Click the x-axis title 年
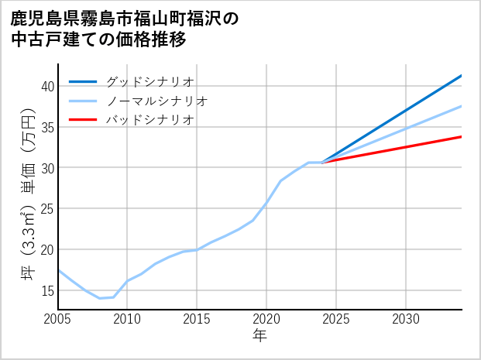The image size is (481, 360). pos(259,336)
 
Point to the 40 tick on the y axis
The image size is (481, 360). pos(47,86)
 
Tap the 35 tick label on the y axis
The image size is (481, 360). pos(47,127)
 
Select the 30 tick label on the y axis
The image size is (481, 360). pos(47,168)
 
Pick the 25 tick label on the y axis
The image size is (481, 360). pos(47,209)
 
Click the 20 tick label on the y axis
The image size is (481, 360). pos(47,250)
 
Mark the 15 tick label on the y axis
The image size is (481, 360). pos(47,291)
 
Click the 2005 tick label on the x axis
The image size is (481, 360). pos(58,319)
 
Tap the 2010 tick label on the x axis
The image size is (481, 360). pos(127,319)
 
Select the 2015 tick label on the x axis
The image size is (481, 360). pos(197,319)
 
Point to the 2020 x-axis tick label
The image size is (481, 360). pos(266,319)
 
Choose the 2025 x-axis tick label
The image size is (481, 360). pos(336,319)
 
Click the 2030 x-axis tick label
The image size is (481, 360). pos(406,319)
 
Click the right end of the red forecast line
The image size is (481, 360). pos(461,136)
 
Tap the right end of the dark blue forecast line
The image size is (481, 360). pos(461,76)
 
